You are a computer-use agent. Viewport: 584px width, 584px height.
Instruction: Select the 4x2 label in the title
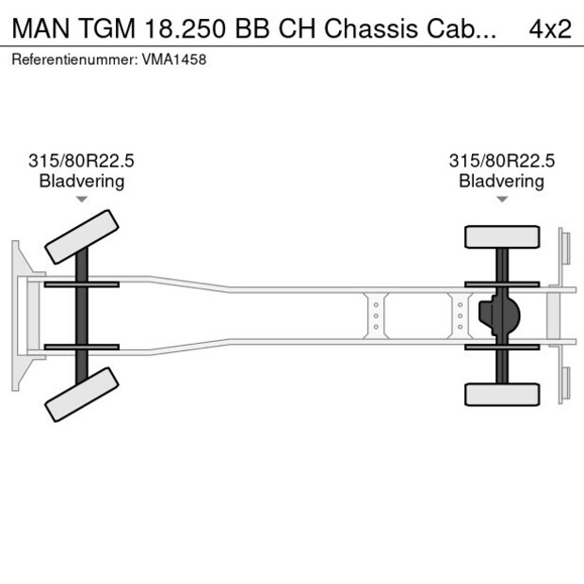click(x=550, y=28)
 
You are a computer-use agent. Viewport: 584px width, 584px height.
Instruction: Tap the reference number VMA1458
click(x=174, y=59)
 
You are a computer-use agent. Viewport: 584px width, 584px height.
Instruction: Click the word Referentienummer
click(x=74, y=59)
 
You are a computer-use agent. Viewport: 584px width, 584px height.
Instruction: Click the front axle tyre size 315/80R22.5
click(x=82, y=161)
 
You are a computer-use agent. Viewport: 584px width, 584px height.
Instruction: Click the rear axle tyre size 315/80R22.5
click(x=502, y=161)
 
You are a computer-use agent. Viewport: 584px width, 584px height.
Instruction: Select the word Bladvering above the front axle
click(x=82, y=181)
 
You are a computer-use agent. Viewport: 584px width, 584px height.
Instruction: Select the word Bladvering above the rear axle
click(x=502, y=181)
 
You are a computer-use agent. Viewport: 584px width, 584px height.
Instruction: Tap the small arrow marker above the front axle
click(x=82, y=199)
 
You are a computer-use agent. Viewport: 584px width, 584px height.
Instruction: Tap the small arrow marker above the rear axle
click(x=502, y=199)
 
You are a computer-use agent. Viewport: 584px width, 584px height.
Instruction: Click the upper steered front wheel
click(x=82, y=236)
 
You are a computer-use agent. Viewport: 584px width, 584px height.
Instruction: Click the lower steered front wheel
click(x=82, y=394)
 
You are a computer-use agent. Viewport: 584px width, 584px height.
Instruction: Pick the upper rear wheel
click(x=502, y=236)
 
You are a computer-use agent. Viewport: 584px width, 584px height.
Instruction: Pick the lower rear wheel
click(x=502, y=394)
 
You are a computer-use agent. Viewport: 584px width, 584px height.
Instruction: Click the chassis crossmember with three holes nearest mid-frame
click(x=376, y=315)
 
